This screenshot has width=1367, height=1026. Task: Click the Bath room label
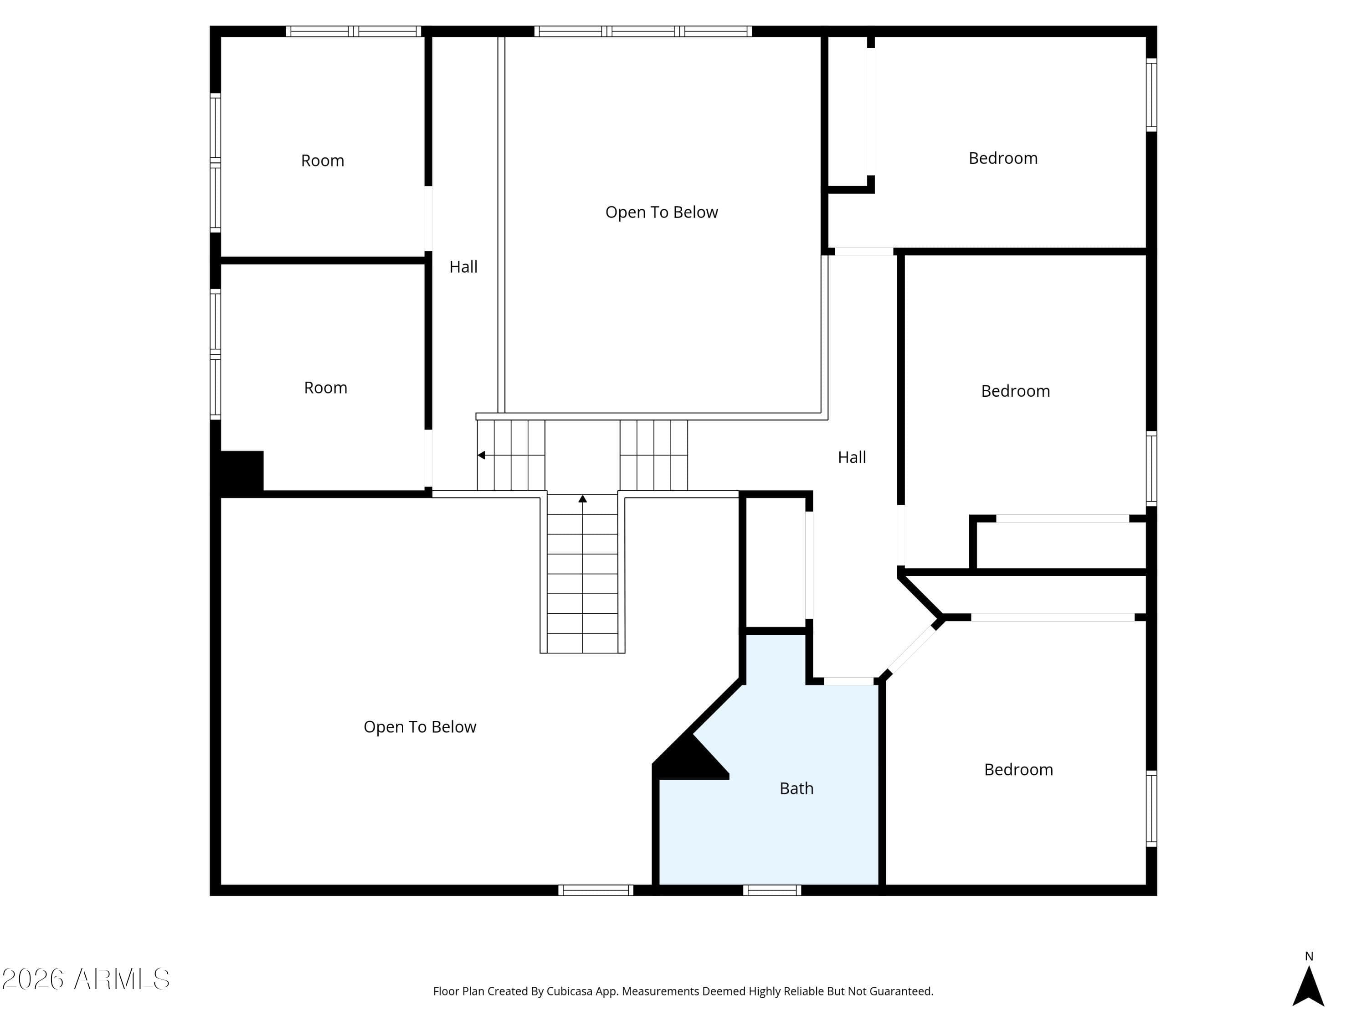(x=796, y=788)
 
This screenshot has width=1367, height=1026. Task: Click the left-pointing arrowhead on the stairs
(x=481, y=455)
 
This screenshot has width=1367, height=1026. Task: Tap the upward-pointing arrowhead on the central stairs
(x=582, y=498)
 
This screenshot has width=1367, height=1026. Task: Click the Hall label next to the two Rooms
(x=463, y=267)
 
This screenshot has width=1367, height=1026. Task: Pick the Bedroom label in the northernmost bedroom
(x=1003, y=158)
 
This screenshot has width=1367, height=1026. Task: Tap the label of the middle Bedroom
(x=1015, y=391)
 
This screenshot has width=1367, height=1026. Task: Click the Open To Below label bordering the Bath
(x=420, y=727)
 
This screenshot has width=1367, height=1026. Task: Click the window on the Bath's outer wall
(x=772, y=890)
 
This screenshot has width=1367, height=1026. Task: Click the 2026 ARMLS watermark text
(x=86, y=979)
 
